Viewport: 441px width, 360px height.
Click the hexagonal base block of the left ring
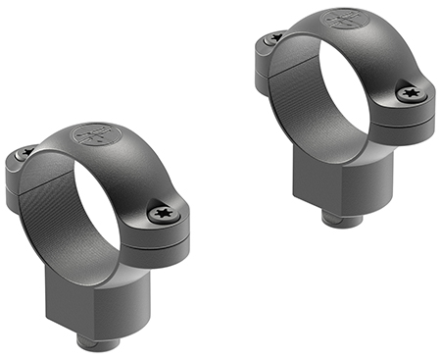point(108,294)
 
